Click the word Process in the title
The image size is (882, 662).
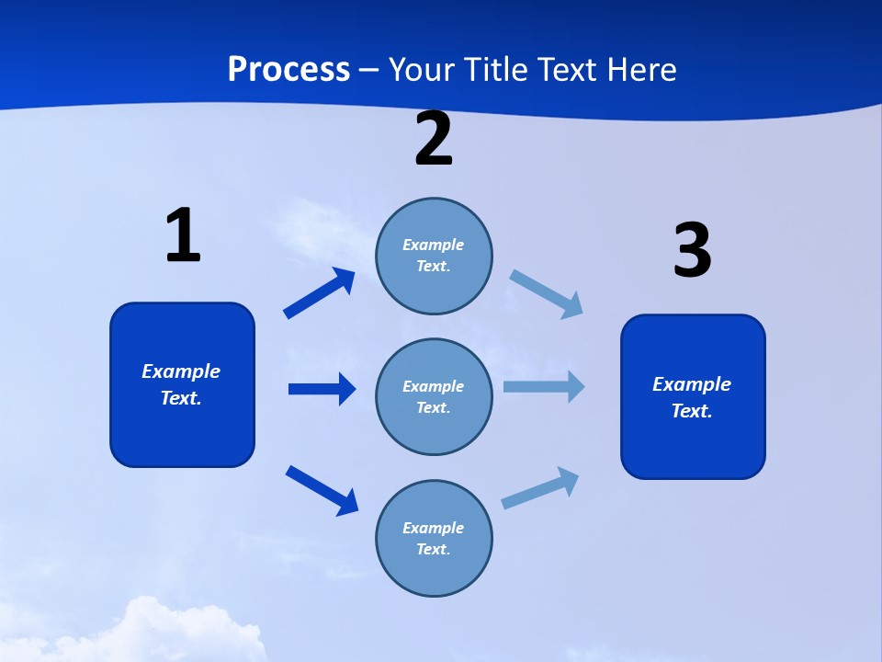click(288, 69)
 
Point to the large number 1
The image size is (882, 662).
click(183, 235)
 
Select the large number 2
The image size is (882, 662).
click(434, 140)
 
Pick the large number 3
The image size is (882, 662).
click(692, 251)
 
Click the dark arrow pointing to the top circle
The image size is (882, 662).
click(319, 293)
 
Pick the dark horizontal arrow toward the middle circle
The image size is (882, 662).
click(322, 389)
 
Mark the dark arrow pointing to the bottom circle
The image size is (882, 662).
click(322, 490)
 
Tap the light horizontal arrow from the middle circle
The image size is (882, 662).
click(543, 386)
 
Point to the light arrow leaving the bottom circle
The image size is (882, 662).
click(540, 488)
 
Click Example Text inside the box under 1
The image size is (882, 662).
click(181, 384)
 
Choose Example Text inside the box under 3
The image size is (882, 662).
click(692, 397)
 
